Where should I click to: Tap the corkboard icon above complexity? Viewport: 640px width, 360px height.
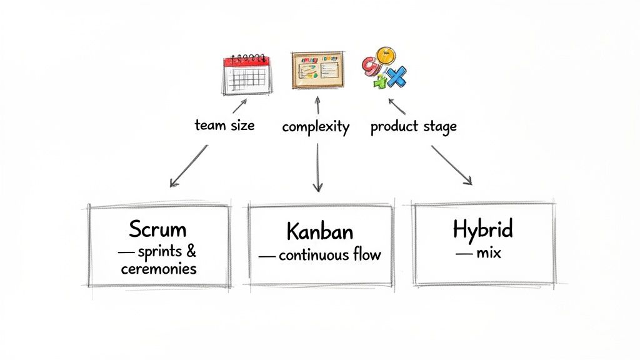[x=317, y=70]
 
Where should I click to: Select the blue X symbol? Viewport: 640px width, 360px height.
[x=395, y=77]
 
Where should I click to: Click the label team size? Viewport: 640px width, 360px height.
[x=224, y=125]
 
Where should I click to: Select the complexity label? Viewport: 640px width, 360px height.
[x=316, y=127]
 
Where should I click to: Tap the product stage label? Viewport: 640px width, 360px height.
[x=413, y=126]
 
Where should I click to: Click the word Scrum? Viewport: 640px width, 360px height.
[x=157, y=229]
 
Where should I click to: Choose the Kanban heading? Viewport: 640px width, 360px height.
[x=319, y=231]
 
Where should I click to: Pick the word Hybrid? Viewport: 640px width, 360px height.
[x=482, y=229]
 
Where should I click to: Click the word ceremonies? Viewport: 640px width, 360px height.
[x=158, y=269]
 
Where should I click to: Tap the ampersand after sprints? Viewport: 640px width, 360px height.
[x=191, y=251]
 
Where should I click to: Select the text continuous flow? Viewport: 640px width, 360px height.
[x=329, y=255]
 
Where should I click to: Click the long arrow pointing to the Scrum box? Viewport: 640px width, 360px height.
[x=188, y=166]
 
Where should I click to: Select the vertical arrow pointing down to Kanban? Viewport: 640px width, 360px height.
[x=318, y=167]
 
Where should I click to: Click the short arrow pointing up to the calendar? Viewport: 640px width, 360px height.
[x=240, y=106]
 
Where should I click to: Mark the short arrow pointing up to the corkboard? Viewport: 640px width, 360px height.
[x=317, y=106]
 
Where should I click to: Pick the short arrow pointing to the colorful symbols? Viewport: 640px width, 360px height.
[x=396, y=106]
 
